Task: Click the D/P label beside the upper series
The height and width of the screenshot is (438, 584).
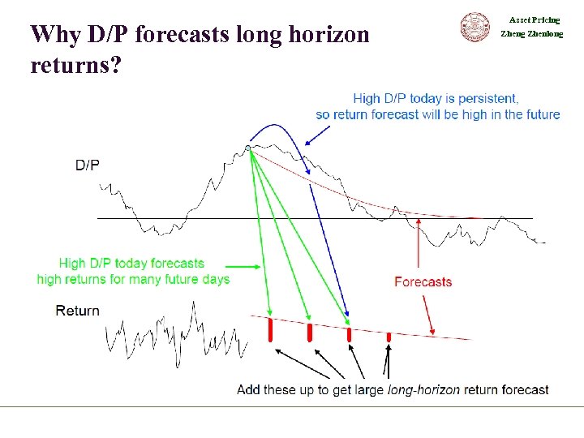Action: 88,165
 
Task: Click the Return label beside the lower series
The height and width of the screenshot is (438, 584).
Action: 78,311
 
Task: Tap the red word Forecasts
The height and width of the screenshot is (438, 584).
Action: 423,282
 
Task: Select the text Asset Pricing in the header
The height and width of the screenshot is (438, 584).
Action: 534,19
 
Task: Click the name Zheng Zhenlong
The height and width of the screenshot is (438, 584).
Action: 532,34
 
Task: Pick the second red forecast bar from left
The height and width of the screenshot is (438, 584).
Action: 310,332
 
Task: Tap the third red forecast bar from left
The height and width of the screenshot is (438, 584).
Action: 349,334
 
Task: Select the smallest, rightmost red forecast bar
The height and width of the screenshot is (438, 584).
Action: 389,336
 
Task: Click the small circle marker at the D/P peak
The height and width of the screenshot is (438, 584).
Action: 248,148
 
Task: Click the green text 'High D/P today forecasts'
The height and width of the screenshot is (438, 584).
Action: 131,264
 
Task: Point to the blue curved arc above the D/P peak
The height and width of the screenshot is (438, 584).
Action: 278,128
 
